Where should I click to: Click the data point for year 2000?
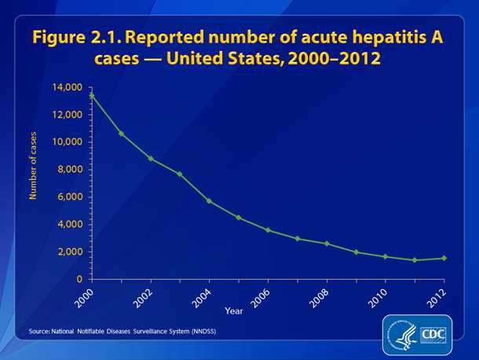pyautogui.click(x=92, y=95)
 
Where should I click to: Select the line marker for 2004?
pyautogui.click(x=209, y=200)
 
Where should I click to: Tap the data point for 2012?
pyautogui.click(x=443, y=258)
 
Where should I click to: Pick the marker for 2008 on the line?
pyautogui.click(x=326, y=244)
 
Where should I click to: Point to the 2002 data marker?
pyautogui.click(x=150, y=158)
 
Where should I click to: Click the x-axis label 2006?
pyautogui.click(x=259, y=296)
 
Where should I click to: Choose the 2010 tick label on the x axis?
pyautogui.click(x=376, y=296)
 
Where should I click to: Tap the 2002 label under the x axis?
pyautogui.click(x=142, y=296)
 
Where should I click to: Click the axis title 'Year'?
pyautogui.click(x=234, y=311)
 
